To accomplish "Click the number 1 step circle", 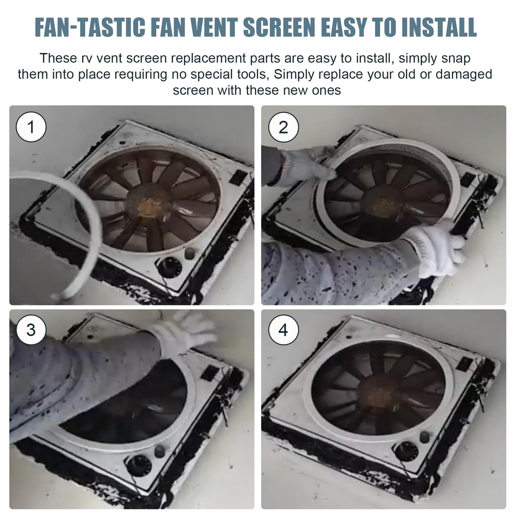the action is pyautogui.click(x=31, y=127).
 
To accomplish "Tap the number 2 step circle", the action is pyautogui.click(x=283, y=127).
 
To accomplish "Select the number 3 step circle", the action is pyautogui.click(x=31, y=330).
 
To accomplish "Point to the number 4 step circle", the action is pyautogui.click(x=283, y=330).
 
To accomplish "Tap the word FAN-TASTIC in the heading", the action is pyautogui.click(x=90, y=27).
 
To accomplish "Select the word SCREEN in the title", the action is pyautogui.click(x=279, y=27).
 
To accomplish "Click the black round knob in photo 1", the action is pyautogui.click(x=169, y=267).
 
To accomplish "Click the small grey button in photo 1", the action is pyautogui.click(x=190, y=253).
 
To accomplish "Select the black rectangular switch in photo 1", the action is pyautogui.click(x=239, y=177).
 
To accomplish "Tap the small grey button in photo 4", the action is pyautogui.click(x=424, y=437).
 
